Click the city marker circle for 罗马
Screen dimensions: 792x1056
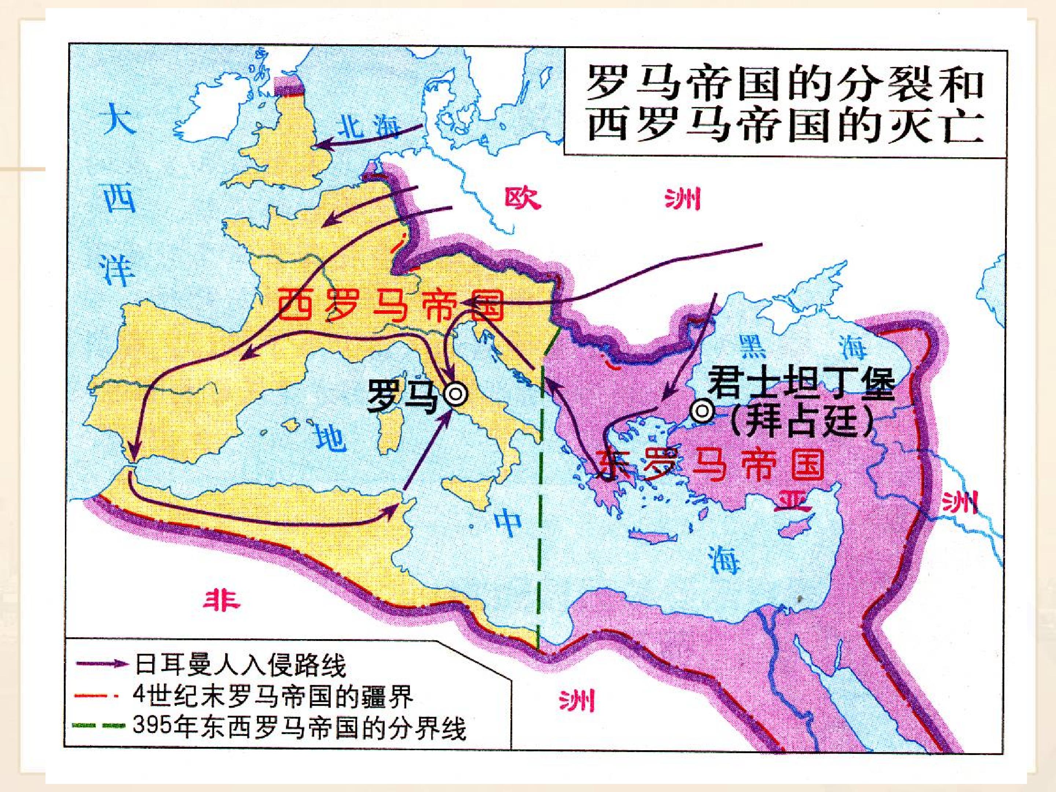[455, 394]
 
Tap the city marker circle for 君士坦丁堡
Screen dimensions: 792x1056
[703, 411]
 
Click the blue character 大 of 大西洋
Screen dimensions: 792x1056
[119, 119]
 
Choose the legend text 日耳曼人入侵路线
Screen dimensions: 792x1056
[241, 665]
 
